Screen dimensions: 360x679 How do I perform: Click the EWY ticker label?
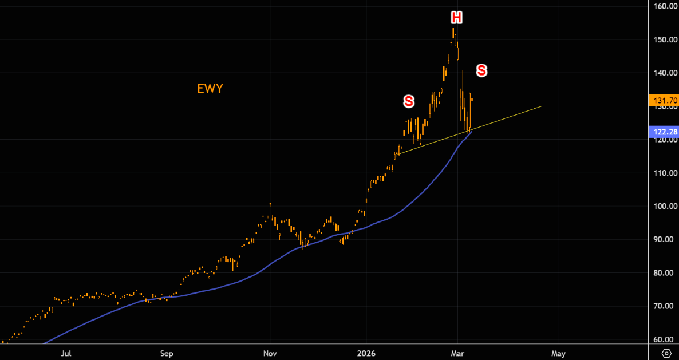(210, 89)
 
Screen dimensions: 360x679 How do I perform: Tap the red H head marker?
(456, 18)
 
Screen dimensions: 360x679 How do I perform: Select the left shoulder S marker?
(408, 101)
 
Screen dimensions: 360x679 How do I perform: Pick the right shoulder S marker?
(481, 70)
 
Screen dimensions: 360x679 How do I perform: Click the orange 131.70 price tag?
(664, 101)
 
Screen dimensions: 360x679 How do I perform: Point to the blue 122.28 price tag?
(664, 132)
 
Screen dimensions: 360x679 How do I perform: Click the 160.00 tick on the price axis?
(665, 7)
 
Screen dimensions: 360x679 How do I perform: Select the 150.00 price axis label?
(665, 40)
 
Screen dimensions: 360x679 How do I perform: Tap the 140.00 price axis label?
(665, 73)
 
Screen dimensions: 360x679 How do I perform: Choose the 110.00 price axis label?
(665, 173)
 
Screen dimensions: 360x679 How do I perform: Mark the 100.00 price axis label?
(665, 206)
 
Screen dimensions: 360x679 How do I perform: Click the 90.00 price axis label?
(666, 239)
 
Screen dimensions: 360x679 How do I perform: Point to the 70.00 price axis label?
(666, 306)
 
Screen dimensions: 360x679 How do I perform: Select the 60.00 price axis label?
(666, 339)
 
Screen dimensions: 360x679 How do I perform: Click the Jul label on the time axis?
(66, 353)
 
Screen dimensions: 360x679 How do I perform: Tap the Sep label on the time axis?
(167, 353)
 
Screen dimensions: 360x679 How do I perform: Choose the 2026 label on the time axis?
(366, 353)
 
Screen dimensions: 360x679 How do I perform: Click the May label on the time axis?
(559, 353)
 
